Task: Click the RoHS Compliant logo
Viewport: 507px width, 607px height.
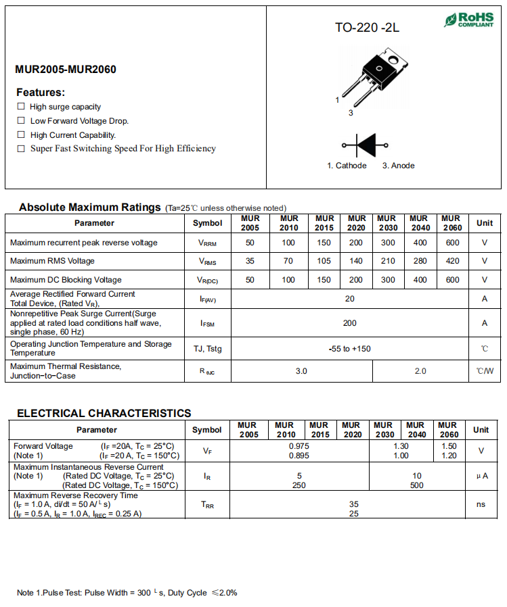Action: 468,19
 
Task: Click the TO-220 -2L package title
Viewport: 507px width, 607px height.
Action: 367,28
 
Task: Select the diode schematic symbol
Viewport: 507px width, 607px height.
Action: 366,145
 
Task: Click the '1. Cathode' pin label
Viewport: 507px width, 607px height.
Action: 347,166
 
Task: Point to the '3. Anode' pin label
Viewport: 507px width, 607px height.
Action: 398,166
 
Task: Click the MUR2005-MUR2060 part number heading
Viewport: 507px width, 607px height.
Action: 66,70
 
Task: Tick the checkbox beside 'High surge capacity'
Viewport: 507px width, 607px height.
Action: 21,107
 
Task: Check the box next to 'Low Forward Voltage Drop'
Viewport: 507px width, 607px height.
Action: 21,120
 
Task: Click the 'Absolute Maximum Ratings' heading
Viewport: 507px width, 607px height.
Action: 89,207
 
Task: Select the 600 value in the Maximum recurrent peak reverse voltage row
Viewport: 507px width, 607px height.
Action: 452,243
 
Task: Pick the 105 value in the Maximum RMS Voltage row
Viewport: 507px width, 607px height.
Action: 324,261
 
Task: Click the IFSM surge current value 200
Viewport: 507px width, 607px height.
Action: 349,323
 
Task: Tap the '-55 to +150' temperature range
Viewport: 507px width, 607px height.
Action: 349,349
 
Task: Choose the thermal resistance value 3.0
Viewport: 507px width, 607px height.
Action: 301,371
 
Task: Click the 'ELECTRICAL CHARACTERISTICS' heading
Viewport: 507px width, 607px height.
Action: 104,413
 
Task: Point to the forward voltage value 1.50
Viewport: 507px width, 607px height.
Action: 449,446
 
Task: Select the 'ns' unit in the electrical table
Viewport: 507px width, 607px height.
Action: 481,504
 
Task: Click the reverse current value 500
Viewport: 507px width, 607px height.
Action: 417,485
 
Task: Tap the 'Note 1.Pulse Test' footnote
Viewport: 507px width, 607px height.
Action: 127,593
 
